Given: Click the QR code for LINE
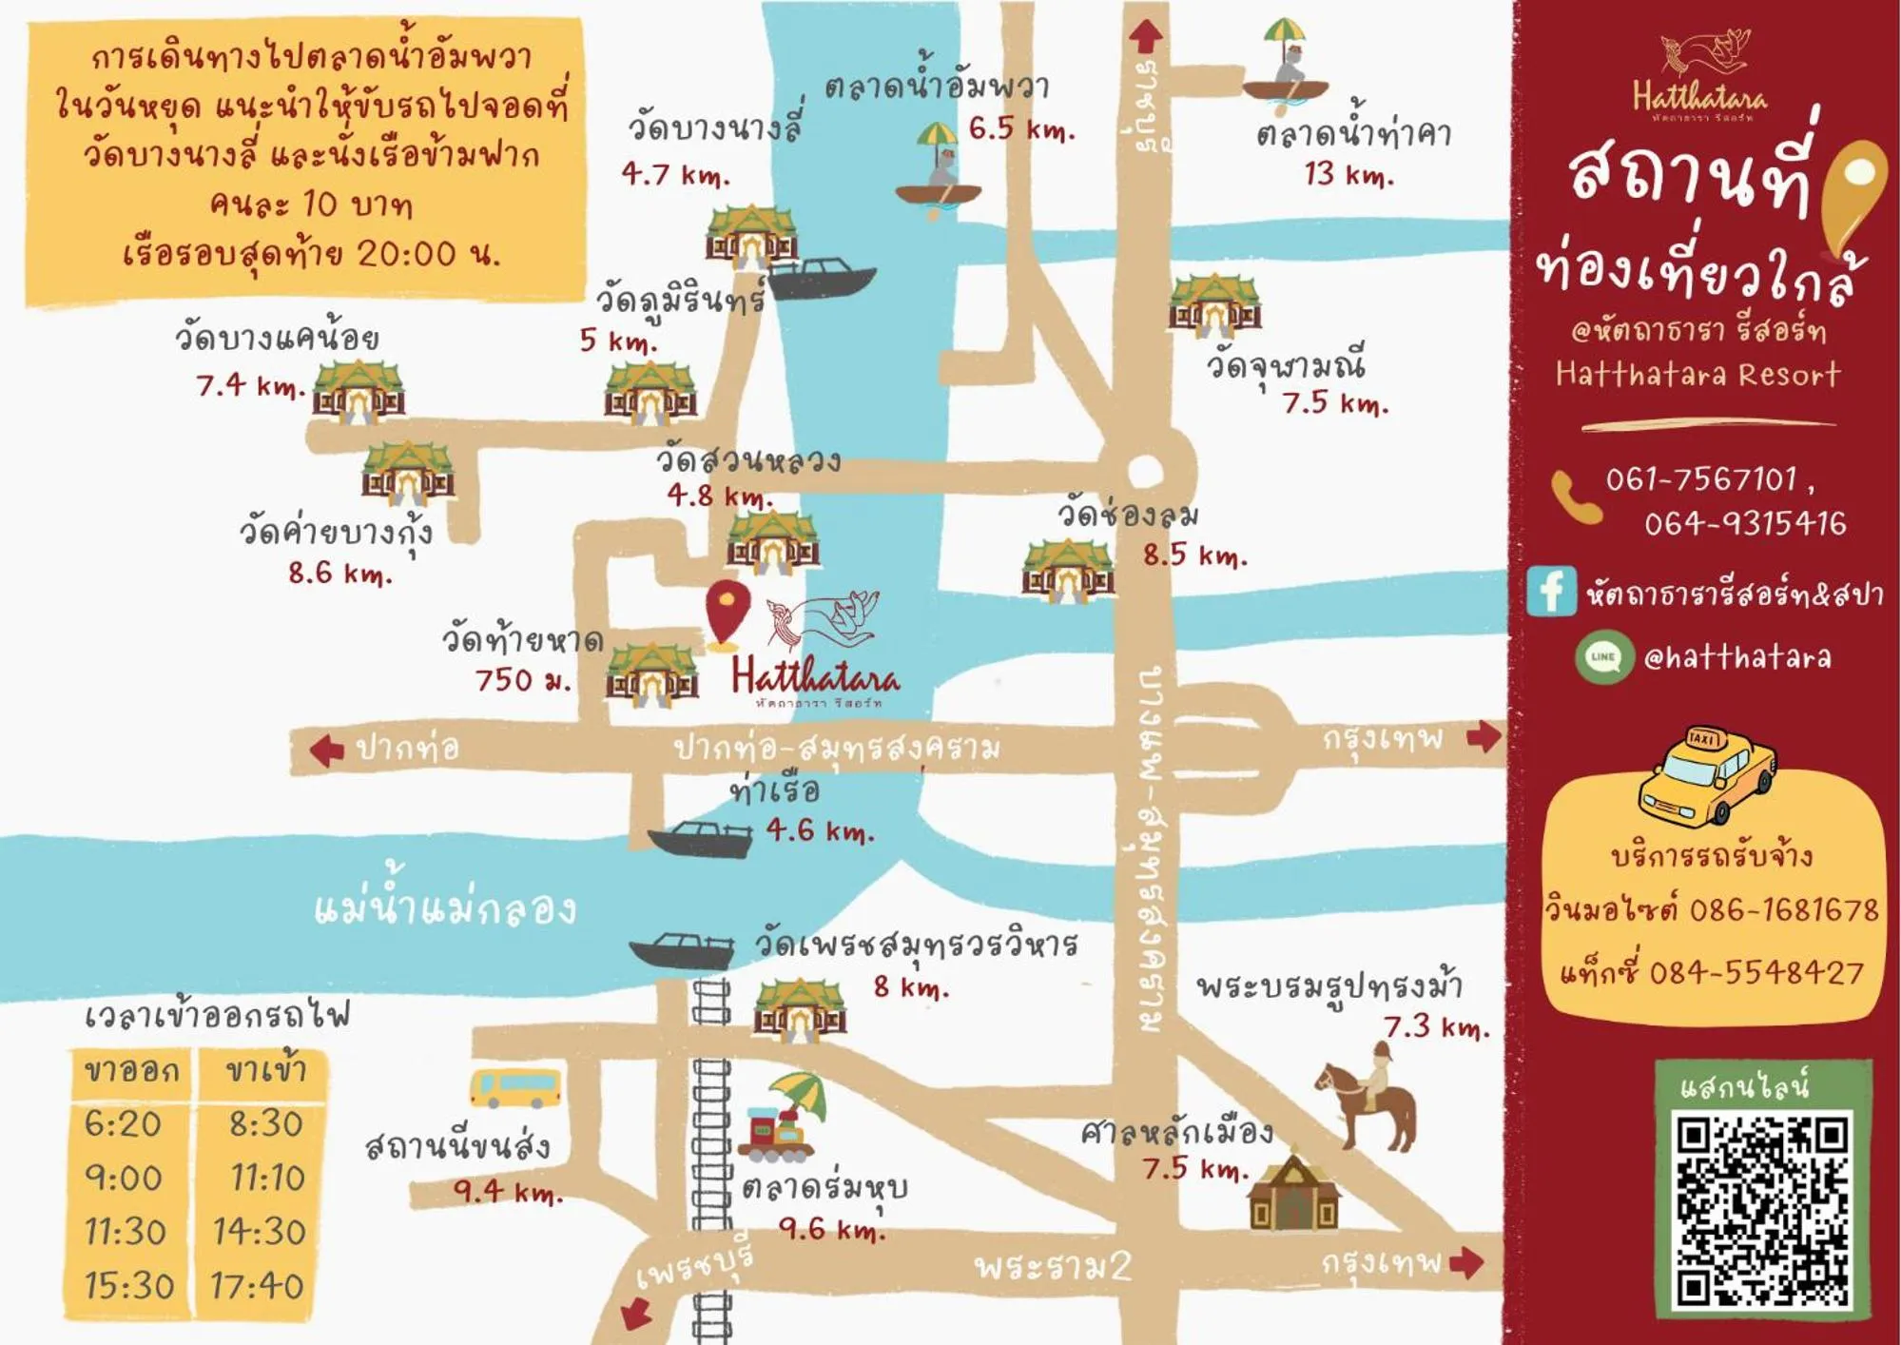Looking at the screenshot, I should [1763, 1210].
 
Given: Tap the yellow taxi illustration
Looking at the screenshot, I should [1706, 775].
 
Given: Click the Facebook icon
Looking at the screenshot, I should [1551, 591].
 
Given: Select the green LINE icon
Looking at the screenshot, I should [1603, 656].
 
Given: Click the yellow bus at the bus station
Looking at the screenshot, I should [514, 1087].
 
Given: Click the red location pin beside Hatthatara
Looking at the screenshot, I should [727, 612].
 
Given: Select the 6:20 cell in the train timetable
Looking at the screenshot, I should [123, 1123].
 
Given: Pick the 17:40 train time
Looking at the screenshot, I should [257, 1286].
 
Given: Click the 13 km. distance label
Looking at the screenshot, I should [1348, 174].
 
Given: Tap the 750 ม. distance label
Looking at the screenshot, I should [522, 680].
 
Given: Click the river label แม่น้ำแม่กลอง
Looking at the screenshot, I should [445, 907].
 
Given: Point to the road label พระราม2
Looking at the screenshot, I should [1054, 1266].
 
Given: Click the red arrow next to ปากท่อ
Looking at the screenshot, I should [327, 750].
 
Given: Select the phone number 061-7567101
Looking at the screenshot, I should [1700, 479].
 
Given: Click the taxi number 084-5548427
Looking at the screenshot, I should [1756, 972].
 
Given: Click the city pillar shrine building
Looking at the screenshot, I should [1292, 1194].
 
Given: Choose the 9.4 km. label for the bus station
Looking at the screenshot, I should [508, 1190].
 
